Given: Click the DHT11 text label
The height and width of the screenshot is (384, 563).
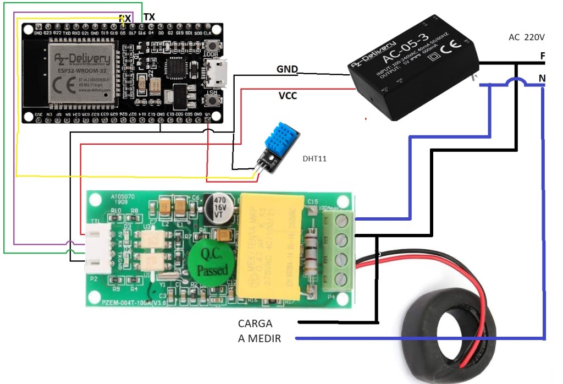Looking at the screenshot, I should [314, 158].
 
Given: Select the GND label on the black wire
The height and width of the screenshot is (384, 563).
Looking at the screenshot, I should [287, 69].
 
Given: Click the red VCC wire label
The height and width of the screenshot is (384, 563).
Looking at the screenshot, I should [288, 96].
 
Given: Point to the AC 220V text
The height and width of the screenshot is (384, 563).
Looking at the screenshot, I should [526, 37].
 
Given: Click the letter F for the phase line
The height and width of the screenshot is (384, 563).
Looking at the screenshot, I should [542, 56].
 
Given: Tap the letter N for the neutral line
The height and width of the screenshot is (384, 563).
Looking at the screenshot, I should [542, 78].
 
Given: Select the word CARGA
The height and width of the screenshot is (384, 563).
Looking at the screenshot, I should [255, 323].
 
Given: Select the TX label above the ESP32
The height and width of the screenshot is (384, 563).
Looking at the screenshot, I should [149, 17].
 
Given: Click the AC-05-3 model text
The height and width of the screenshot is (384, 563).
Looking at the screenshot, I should [410, 52].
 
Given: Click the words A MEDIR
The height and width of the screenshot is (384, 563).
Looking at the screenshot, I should [260, 338].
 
